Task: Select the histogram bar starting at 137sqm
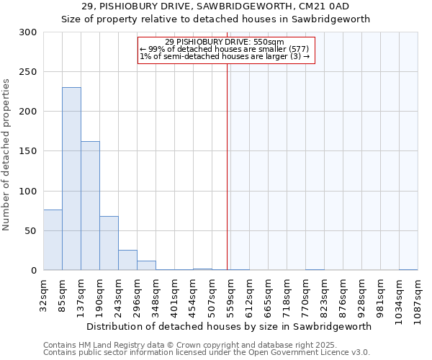(90, 206)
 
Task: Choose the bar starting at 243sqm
(127, 260)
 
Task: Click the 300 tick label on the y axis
(28, 32)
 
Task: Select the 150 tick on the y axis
(28, 151)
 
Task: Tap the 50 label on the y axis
(31, 231)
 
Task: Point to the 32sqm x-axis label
(43, 294)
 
